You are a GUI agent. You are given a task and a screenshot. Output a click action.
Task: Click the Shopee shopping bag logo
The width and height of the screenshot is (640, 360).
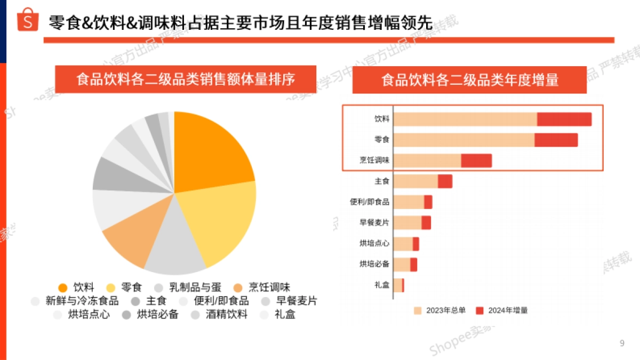tap(28, 20)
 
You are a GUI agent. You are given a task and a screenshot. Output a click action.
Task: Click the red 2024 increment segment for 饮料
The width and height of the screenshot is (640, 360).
tap(564, 119)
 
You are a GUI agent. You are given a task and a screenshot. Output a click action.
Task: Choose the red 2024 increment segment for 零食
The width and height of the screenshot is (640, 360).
tap(556, 140)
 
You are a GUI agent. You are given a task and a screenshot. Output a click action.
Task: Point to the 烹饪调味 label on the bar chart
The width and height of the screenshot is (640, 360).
tap(374, 161)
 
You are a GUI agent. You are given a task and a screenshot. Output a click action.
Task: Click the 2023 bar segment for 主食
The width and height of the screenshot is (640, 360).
tap(415, 181)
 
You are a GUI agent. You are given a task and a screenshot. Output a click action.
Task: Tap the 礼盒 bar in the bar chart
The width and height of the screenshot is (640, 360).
tap(398, 285)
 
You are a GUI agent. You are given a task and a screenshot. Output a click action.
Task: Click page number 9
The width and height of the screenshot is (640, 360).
tap(622, 343)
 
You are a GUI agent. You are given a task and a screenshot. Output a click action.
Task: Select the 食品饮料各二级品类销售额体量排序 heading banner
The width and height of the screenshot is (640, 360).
tap(186, 79)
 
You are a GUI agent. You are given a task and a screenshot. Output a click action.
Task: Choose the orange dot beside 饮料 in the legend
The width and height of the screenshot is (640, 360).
tap(63, 287)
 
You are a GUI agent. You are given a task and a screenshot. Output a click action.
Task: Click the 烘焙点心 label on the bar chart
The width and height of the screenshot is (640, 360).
tap(374, 244)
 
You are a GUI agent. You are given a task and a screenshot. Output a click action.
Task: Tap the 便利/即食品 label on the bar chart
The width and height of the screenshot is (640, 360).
tap(370, 202)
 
